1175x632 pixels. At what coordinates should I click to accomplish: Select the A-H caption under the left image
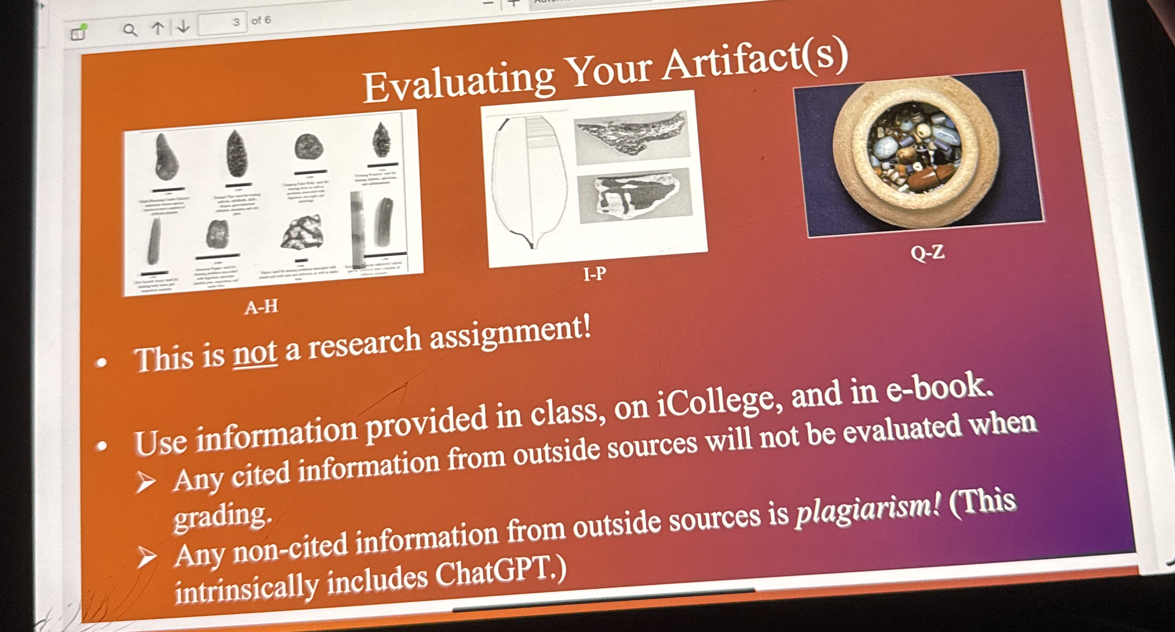click(261, 307)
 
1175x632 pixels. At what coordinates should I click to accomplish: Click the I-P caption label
click(594, 273)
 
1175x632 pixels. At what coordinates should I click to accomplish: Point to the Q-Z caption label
click(927, 253)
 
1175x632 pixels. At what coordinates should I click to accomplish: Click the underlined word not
click(255, 353)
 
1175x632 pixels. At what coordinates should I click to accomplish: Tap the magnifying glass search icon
click(129, 30)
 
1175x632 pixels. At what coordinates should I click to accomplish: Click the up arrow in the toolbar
click(157, 28)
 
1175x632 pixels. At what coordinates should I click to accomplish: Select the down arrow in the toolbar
click(183, 26)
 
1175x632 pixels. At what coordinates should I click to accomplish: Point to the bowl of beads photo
click(917, 152)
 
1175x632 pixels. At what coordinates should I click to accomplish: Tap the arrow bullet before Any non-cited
click(146, 557)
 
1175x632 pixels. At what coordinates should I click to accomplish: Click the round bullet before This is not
click(102, 363)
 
